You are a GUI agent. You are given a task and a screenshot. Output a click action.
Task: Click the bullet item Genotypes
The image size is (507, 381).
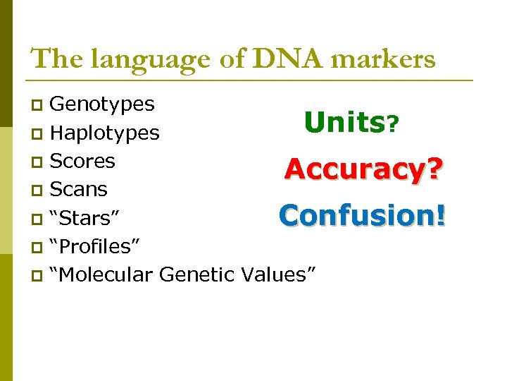102,104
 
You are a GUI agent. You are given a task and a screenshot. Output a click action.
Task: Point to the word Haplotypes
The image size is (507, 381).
105,133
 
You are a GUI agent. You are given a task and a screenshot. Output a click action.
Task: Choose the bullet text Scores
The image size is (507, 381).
82,161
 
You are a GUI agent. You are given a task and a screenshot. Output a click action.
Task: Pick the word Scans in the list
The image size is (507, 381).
79,189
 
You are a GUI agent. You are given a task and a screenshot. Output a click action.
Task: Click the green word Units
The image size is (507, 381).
344,123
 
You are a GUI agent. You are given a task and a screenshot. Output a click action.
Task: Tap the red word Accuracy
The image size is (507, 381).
355,169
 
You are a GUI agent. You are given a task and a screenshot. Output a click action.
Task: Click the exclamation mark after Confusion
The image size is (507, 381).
441,214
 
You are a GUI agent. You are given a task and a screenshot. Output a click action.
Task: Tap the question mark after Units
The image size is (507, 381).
393,126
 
